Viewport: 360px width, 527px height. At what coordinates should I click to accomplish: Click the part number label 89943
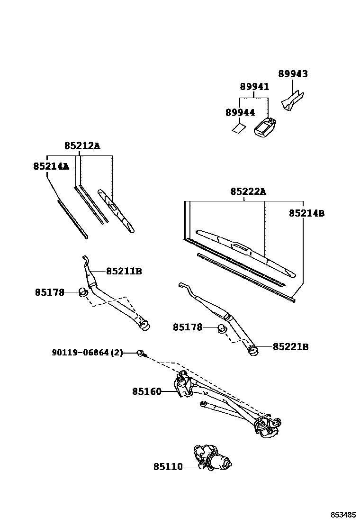[292, 74]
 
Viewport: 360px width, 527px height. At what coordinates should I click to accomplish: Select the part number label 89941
[254, 87]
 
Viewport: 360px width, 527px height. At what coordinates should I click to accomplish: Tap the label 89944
[240, 112]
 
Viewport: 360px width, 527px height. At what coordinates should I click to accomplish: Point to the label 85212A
[82, 146]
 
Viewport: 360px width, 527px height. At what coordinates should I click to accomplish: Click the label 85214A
[51, 166]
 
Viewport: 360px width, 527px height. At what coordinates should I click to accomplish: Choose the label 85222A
[249, 191]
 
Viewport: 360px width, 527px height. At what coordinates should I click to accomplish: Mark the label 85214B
[306, 213]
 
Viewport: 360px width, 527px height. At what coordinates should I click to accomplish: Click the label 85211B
[124, 271]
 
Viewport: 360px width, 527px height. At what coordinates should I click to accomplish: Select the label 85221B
[290, 347]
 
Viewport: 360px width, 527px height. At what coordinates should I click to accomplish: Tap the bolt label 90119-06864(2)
[87, 353]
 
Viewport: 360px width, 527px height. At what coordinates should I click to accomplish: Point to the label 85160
[147, 391]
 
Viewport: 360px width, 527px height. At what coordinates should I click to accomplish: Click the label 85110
[168, 467]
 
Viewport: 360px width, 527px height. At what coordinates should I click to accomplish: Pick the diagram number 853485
[343, 515]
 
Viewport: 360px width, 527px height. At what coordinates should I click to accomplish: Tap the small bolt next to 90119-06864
[141, 353]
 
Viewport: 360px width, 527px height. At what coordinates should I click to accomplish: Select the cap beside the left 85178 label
[83, 292]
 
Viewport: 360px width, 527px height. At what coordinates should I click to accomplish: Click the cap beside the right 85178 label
[221, 327]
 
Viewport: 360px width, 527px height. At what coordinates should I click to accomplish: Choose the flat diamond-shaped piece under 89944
[238, 128]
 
